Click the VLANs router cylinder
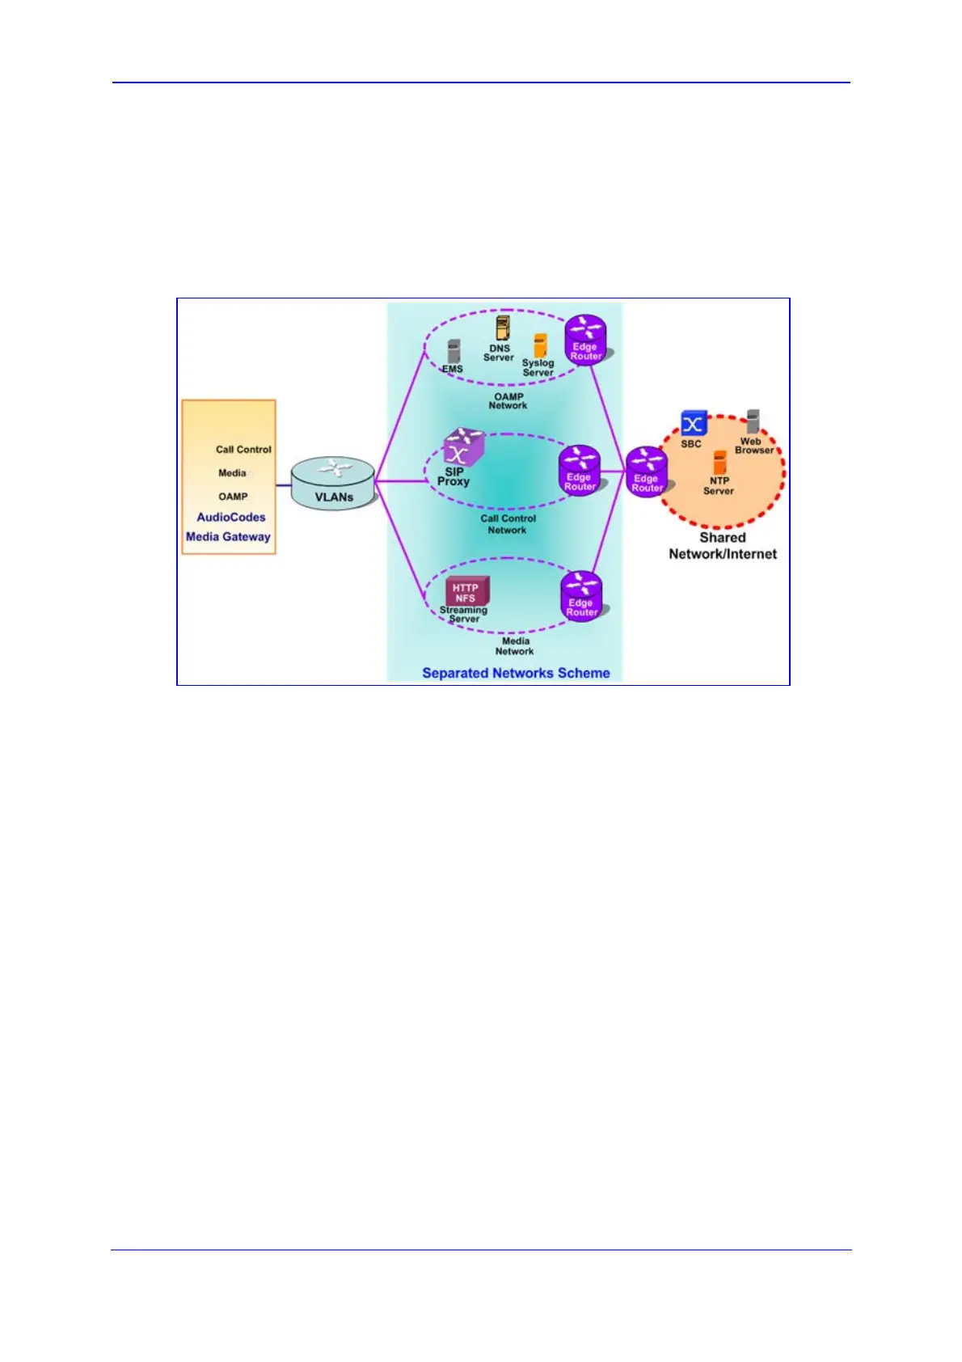(333, 483)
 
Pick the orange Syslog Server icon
(540, 346)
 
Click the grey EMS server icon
(454, 352)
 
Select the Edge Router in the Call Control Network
(580, 470)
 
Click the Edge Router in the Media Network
(582, 596)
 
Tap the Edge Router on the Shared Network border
(647, 472)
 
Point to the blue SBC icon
(693, 423)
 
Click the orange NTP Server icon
(719, 463)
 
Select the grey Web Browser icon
(753, 421)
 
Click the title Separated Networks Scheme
(516, 673)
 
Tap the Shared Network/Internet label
(723, 546)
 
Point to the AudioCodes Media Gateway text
(229, 527)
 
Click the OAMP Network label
(508, 401)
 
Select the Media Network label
(515, 646)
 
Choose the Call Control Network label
(508, 524)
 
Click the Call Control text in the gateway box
(243, 450)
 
